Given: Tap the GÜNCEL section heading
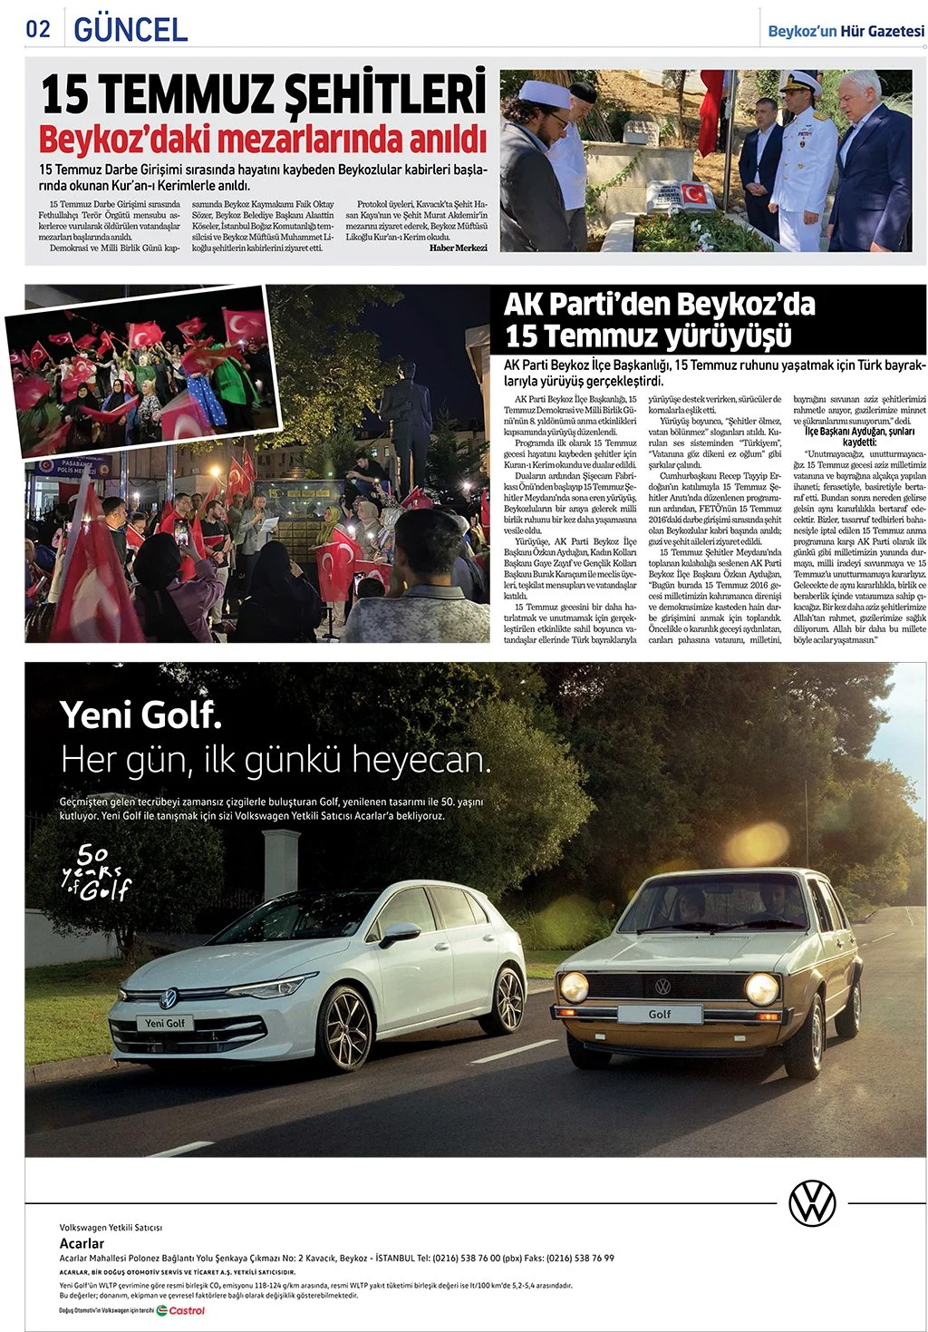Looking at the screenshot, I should pos(130,29).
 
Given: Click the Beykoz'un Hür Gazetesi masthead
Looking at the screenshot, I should pos(846,31).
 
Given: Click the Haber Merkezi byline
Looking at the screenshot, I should pos(458,248).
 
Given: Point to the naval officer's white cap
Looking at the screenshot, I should pos(798,81).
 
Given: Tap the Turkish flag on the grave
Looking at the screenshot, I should pos(693,192).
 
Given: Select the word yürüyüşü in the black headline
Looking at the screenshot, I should pos(728,335).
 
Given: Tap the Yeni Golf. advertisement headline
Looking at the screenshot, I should pos(140,715).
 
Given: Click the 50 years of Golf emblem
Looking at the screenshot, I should pos(96,872).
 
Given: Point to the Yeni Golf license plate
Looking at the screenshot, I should pos(164,1023).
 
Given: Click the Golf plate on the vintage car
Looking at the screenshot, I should pos(659,1014).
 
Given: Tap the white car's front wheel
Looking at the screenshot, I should pos(345,1026).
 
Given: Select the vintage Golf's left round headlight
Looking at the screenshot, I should pos(574,987).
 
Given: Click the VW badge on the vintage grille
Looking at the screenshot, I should pos(662,986).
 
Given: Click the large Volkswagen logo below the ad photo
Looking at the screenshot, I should pos(812,1203).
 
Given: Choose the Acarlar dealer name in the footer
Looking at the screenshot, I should pos(82,1243).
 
